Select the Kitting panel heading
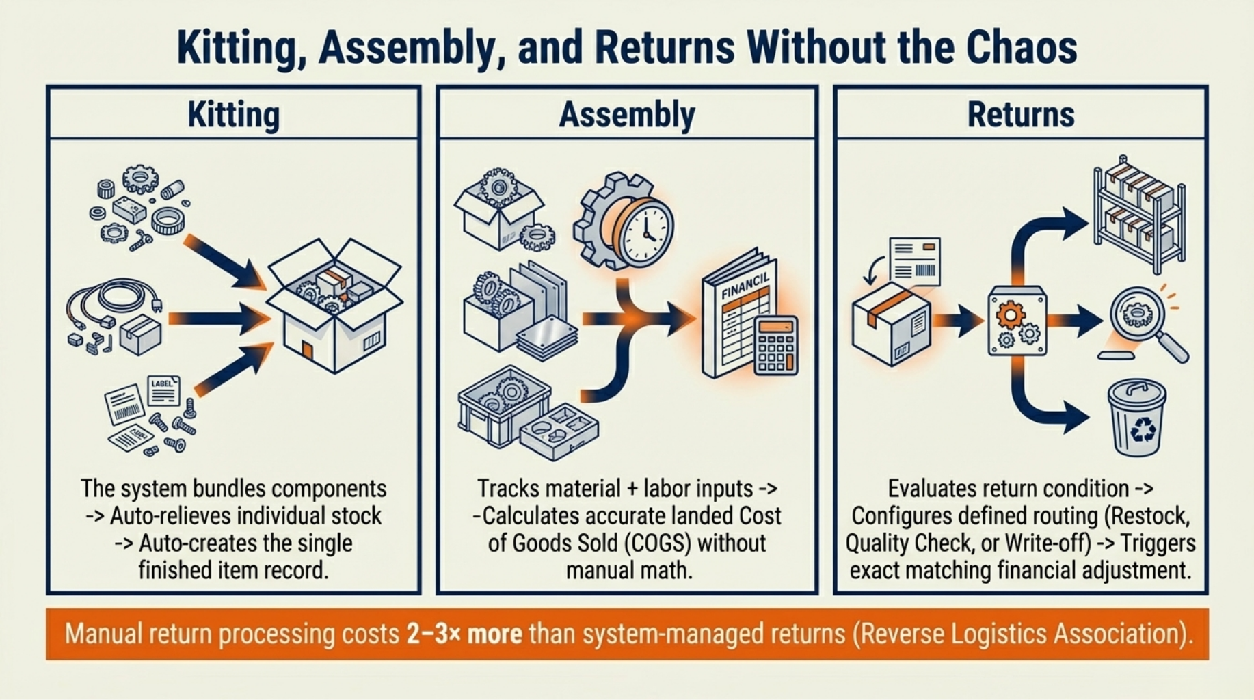[x=233, y=114]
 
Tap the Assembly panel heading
[x=626, y=114]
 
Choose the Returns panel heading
[x=1020, y=114]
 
